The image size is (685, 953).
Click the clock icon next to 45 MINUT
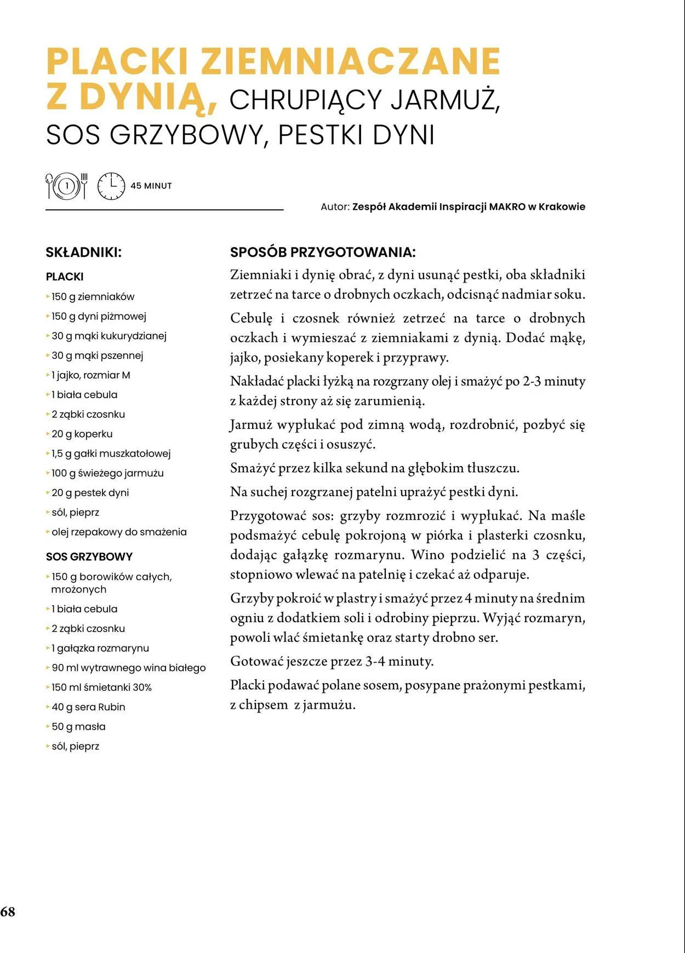[111, 186]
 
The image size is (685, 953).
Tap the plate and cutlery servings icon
[67, 186]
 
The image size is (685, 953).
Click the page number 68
[8, 911]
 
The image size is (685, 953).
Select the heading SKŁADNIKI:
[83, 252]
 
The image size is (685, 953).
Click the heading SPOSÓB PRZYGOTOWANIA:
[323, 252]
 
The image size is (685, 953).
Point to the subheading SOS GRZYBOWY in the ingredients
[89, 556]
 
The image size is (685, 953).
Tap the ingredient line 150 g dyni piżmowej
[99, 316]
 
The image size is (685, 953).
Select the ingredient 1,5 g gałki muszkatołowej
[111, 453]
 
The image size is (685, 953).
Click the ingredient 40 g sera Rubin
[88, 707]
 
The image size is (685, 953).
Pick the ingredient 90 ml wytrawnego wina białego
[128, 668]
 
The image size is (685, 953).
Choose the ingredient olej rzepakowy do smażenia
[119, 532]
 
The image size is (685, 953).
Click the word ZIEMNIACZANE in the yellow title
[351, 61]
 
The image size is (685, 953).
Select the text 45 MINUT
[151, 186]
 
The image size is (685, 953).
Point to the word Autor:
[335, 207]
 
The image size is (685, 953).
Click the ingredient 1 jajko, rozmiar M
[90, 375]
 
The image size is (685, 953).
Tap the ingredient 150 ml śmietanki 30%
[101, 687]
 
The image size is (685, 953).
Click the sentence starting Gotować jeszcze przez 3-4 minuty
[332, 661]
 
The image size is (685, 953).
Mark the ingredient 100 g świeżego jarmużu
[107, 473]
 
